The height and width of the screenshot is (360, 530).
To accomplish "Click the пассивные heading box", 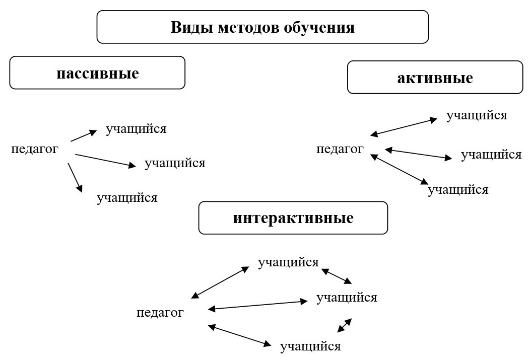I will [97, 73].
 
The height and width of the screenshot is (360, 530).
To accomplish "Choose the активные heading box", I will [435, 78].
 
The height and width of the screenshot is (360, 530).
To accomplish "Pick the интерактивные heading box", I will [293, 218].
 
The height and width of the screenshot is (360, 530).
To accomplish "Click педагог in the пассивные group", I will [35, 149].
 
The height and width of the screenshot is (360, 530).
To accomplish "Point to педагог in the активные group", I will [340, 149].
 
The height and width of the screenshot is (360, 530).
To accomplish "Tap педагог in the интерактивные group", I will [160, 313].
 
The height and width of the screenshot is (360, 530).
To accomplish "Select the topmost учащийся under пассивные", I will [136, 129].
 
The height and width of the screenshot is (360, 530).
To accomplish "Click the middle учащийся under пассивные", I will [175, 163].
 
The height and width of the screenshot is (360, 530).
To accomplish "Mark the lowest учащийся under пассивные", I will [127, 198].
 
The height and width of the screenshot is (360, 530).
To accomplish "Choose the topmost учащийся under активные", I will [477, 115].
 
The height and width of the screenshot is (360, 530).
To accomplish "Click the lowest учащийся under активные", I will [458, 190].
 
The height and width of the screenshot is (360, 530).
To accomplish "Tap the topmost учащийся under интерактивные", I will [288, 262].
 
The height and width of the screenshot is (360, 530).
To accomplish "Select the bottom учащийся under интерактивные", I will [310, 346].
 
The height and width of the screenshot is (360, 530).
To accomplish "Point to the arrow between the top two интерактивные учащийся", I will [337, 276].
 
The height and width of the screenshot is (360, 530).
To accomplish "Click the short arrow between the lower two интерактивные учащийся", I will [345, 325].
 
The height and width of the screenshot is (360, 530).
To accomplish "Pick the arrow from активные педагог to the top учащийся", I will [404, 127].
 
